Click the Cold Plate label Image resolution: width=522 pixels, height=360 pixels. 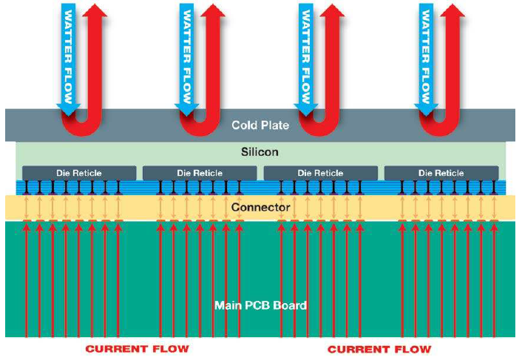(x=260, y=125)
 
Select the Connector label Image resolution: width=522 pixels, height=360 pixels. (x=260, y=208)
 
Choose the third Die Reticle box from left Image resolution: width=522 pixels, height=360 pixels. (x=320, y=172)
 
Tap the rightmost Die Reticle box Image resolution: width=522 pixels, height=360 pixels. (x=441, y=172)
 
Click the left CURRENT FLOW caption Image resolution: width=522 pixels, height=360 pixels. (x=138, y=348)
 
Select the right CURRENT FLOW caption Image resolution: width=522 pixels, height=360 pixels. (x=379, y=348)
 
